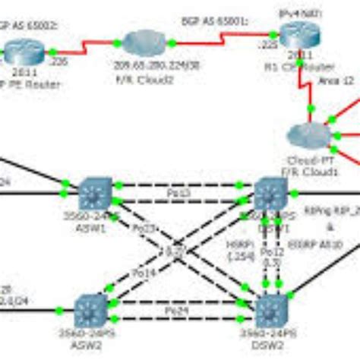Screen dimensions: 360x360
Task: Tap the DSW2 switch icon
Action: (271, 309)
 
